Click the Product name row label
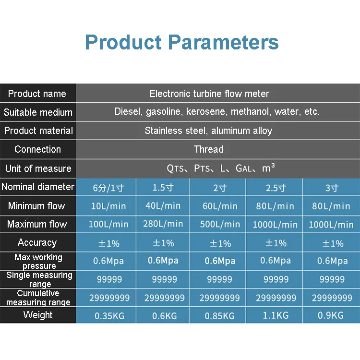37,94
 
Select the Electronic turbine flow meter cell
209,94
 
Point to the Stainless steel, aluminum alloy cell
208,131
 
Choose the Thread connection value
208,149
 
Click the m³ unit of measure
269,168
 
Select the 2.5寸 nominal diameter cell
276,188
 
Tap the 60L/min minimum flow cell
220,206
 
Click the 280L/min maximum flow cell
163,224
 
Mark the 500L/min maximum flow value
220,224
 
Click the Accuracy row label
37,243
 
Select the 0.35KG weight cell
109,316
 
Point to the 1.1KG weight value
276,316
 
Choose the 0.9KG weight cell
331,316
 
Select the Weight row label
37,315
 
